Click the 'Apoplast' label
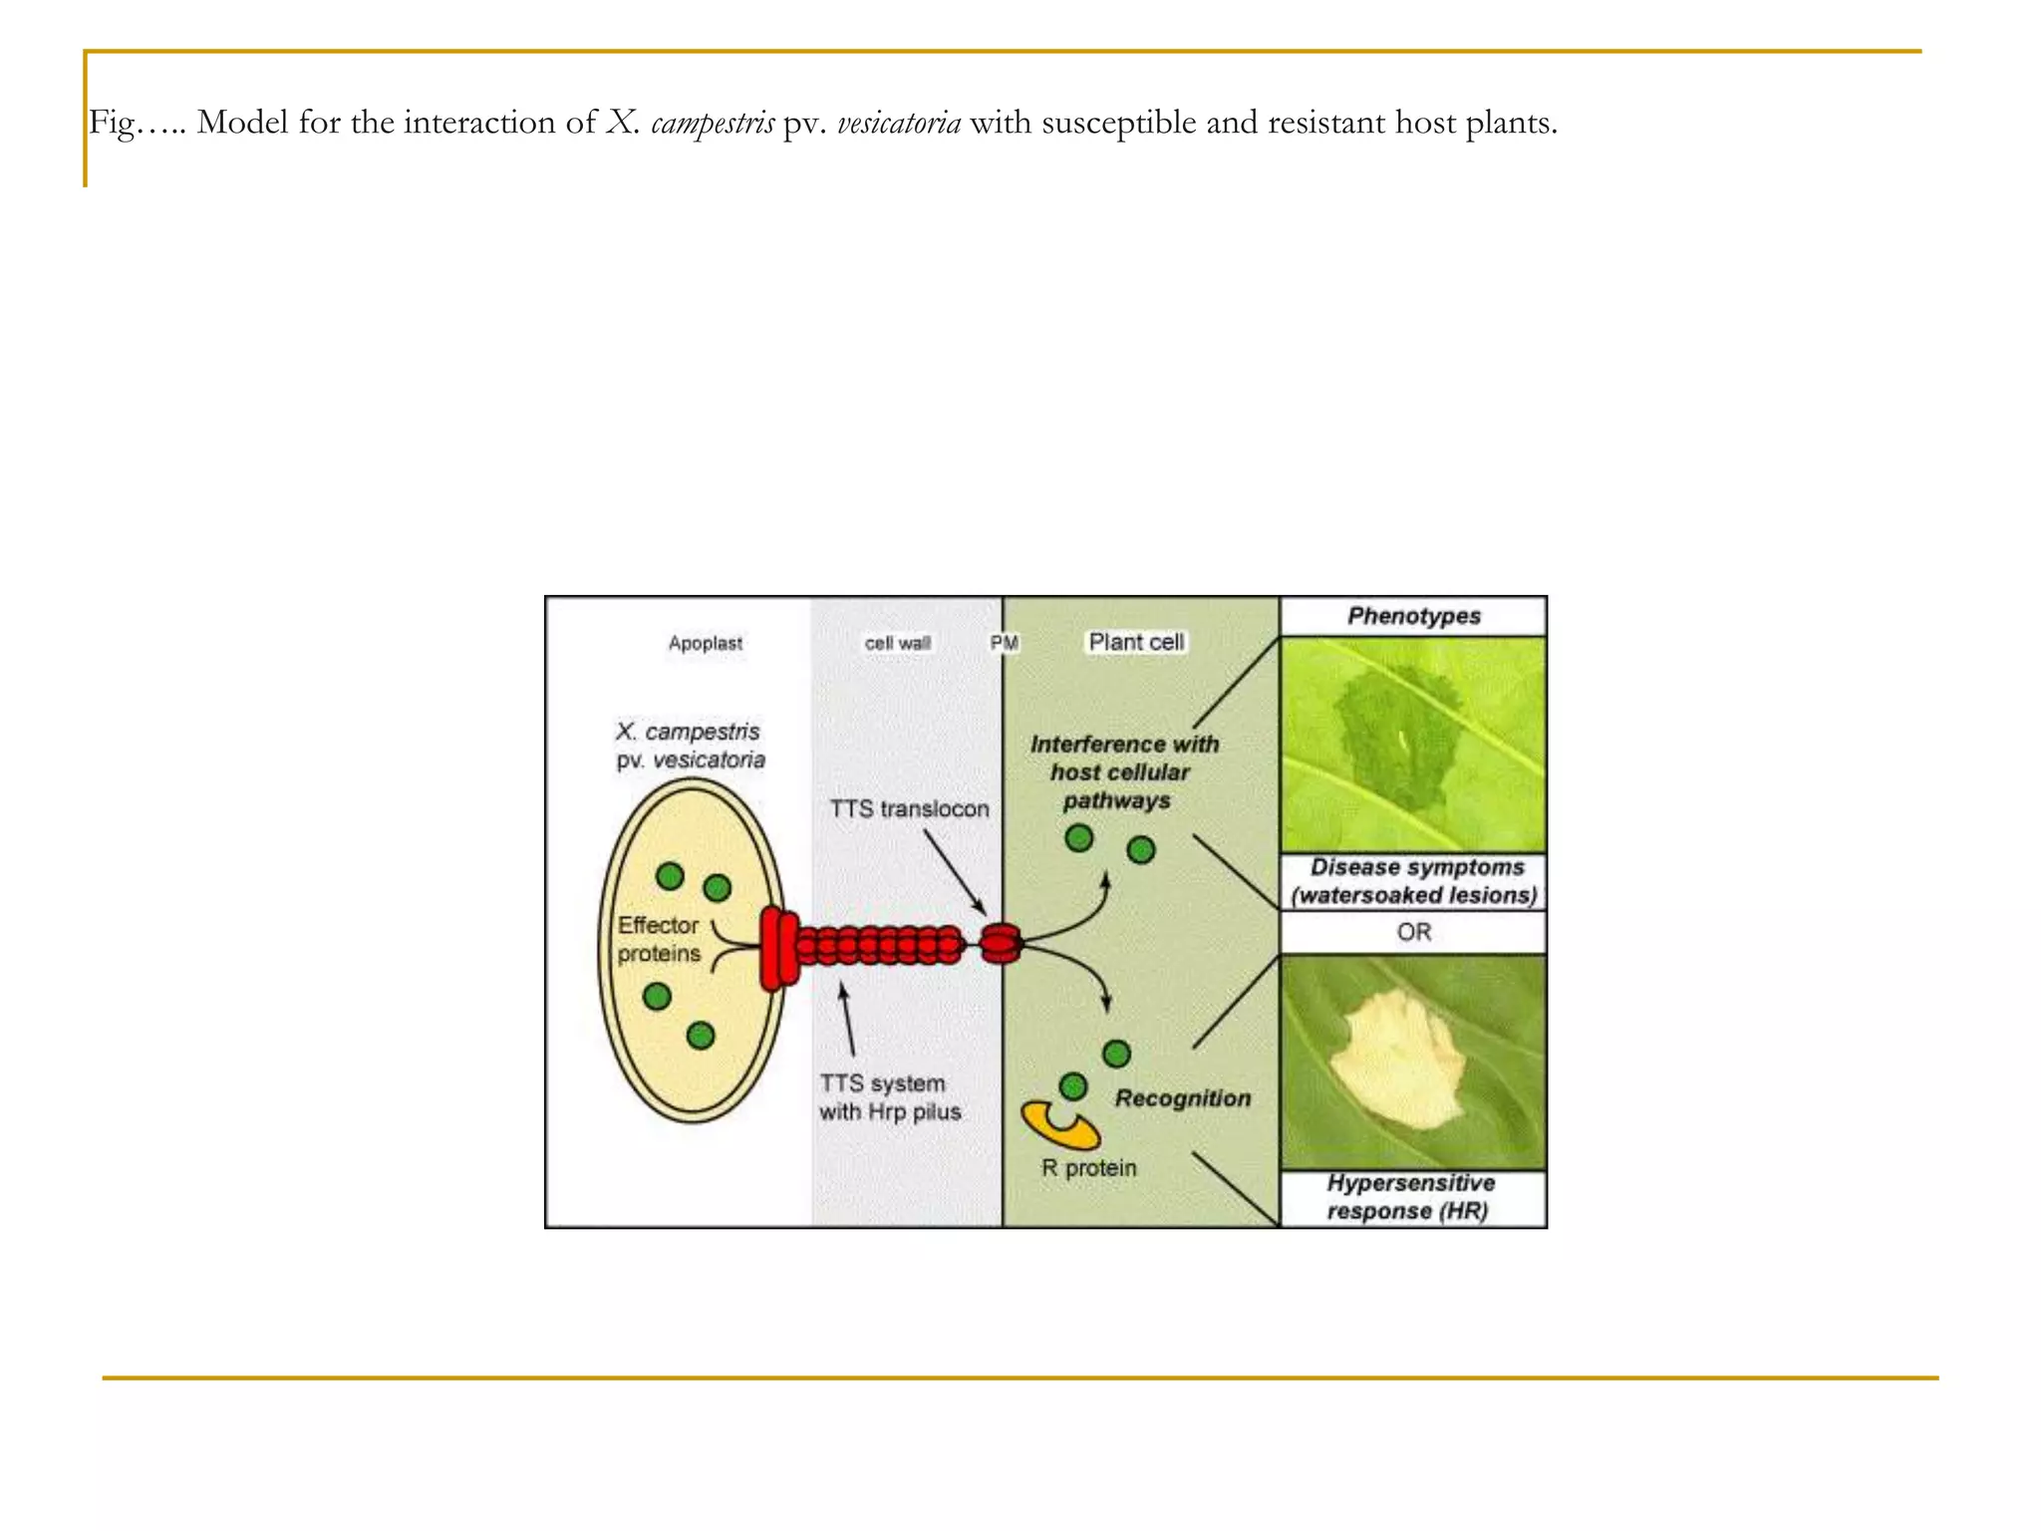click(x=705, y=643)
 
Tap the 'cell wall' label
click(x=897, y=643)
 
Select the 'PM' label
click(x=1004, y=643)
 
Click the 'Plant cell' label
click(x=1135, y=642)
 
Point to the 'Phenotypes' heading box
click(x=1413, y=616)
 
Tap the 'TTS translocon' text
click(x=909, y=808)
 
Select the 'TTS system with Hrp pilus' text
click(x=889, y=1097)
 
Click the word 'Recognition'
click(x=1182, y=1098)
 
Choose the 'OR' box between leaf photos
click(x=1413, y=932)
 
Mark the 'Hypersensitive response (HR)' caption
click(x=1410, y=1197)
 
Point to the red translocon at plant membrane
click(x=1001, y=943)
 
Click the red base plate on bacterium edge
click(x=778, y=948)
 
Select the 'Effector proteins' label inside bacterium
click(x=658, y=939)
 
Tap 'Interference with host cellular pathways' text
click(x=1123, y=771)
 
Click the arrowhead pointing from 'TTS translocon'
click(x=982, y=911)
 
